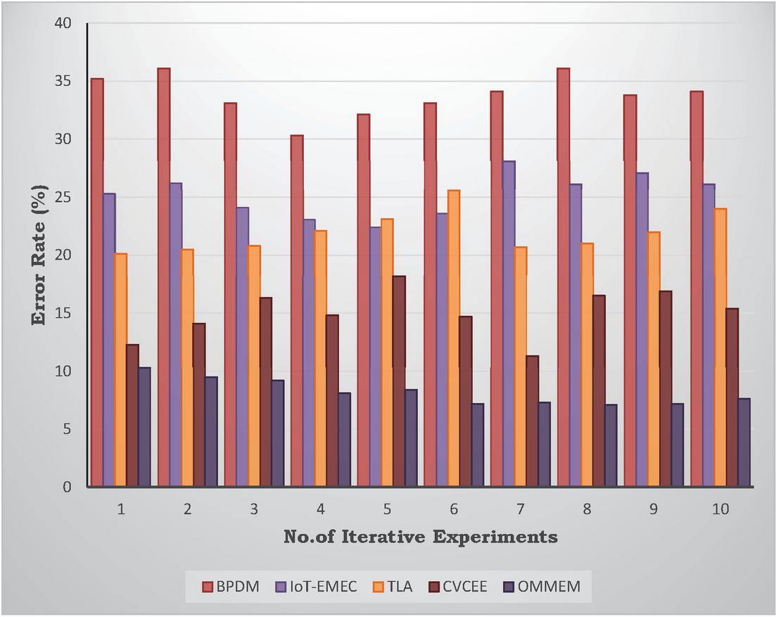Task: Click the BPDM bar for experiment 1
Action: (97, 282)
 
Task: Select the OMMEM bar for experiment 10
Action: (744, 443)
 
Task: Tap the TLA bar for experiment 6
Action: (454, 338)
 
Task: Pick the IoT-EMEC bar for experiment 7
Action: (509, 324)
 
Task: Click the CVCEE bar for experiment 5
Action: (399, 381)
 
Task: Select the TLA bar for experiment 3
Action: (254, 366)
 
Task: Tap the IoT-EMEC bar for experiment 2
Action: (175, 335)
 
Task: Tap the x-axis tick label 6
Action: (454, 508)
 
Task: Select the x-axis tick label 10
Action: (720, 508)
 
